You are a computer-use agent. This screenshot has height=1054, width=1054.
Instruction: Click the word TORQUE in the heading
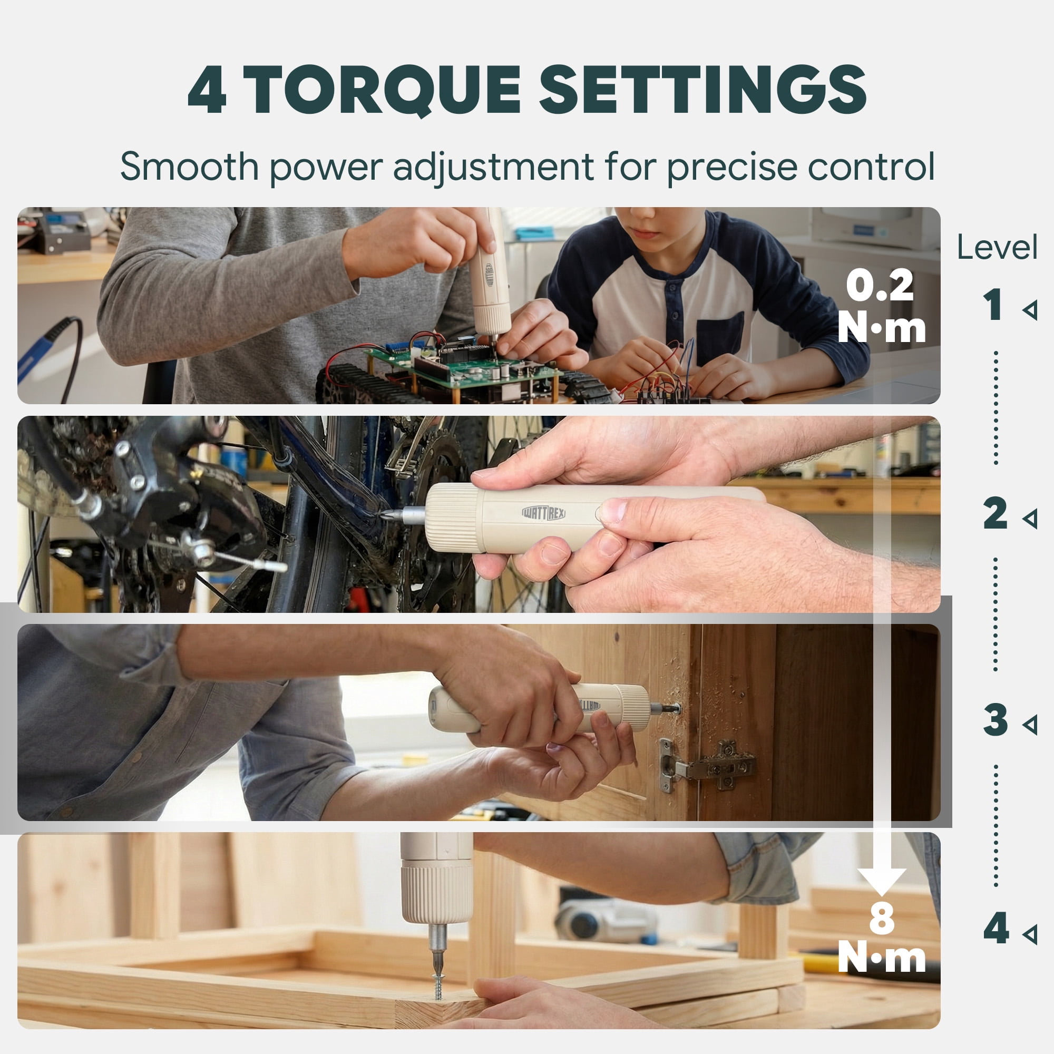click(384, 90)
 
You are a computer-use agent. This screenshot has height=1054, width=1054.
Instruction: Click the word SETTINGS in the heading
click(702, 90)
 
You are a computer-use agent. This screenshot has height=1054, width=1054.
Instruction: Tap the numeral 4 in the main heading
click(207, 90)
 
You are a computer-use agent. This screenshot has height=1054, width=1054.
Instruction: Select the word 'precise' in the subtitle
click(732, 168)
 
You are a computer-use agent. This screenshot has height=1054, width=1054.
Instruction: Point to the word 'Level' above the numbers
click(997, 248)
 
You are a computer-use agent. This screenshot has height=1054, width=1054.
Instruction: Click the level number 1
click(993, 305)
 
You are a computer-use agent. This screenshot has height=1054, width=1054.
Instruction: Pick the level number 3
click(996, 720)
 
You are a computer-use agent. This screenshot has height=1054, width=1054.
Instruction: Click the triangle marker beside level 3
click(1029, 725)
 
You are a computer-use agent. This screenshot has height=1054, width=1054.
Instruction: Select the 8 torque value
click(882, 918)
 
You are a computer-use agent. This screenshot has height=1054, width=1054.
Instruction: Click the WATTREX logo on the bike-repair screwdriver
click(543, 512)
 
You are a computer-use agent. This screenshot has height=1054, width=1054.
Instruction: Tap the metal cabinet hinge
click(708, 765)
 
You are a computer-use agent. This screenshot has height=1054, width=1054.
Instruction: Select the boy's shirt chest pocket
click(720, 338)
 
